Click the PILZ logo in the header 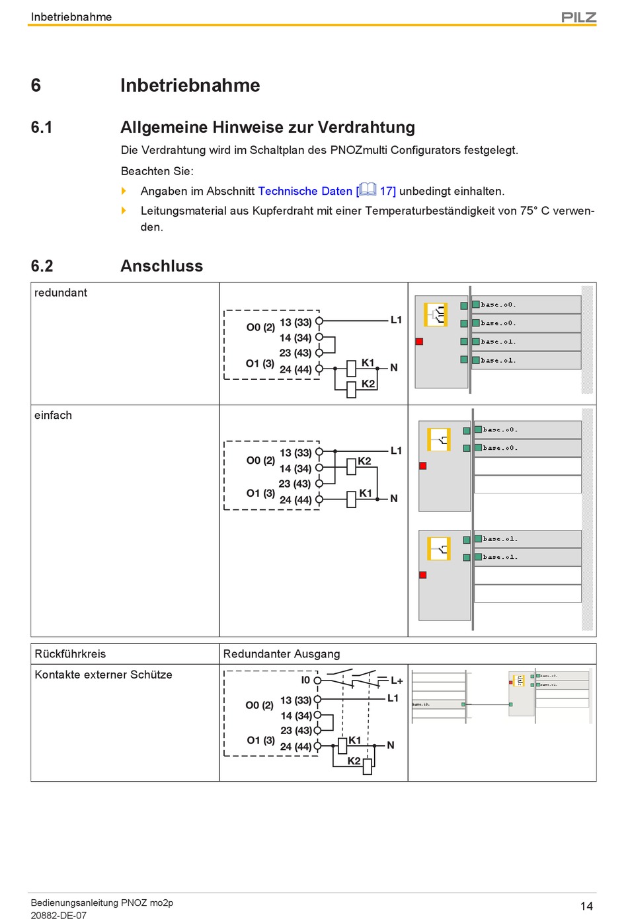pyautogui.click(x=578, y=17)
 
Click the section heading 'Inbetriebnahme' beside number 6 pyautogui.click(x=190, y=85)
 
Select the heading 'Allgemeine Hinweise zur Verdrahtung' pyautogui.click(x=268, y=127)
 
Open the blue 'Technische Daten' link pyautogui.click(x=305, y=191)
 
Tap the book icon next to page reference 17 pyautogui.click(x=368, y=190)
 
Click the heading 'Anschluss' pyautogui.click(x=161, y=266)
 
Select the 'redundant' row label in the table pyautogui.click(x=61, y=293)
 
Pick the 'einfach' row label pyautogui.click(x=53, y=415)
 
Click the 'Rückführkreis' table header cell pyautogui.click(x=70, y=653)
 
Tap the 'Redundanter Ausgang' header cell pyautogui.click(x=282, y=653)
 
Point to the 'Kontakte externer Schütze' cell pyautogui.click(x=103, y=675)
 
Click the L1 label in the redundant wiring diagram pyautogui.click(x=396, y=320)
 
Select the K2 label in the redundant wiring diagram pyautogui.click(x=368, y=384)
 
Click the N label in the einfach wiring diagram pyautogui.click(x=394, y=498)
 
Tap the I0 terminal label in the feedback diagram pyautogui.click(x=305, y=680)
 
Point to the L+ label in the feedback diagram pyautogui.click(x=397, y=680)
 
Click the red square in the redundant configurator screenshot pyautogui.click(x=419, y=342)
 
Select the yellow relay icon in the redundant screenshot pyautogui.click(x=436, y=314)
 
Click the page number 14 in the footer pyautogui.click(x=586, y=906)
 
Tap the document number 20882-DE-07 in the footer pyautogui.click(x=58, y=915)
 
